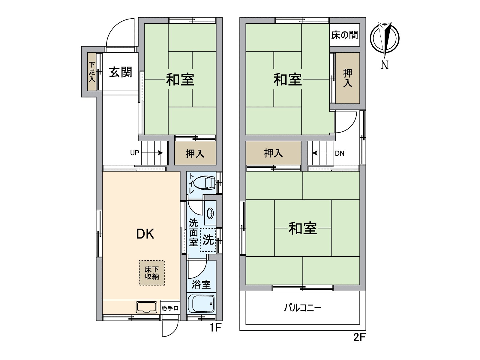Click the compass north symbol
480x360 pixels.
[385, 39]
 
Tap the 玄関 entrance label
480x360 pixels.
[120, 72]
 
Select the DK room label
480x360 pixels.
[145, 234]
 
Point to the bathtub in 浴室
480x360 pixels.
[201, 304]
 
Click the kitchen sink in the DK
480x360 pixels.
[147, 307]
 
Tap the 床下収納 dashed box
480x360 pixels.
[152, 273]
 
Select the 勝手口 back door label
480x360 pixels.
[170, 308]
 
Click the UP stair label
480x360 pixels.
[134, 153]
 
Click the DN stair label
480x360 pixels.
[340, 153]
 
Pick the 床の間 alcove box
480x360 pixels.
[345, 35]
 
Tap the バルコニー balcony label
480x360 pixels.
[302, 308]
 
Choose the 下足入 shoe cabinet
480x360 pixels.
[92, 72]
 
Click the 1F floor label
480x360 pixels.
[215, 328]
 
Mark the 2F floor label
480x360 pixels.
[359, 337]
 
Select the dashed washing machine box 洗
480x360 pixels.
[208, 240]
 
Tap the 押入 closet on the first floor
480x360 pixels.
[195, 154]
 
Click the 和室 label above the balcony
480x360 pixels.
[302, 228]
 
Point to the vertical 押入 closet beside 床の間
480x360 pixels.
[347, 78]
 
